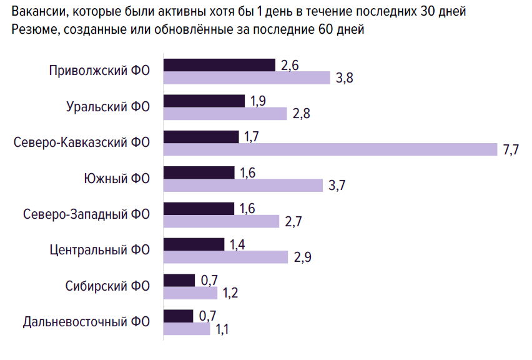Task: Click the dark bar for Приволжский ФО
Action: pyautogui.click(x=219, y=65)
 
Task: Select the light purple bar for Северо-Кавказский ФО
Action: pyautogui.click(x=331, y=149)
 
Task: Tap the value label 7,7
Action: pyautogui.click(x=511, y=150)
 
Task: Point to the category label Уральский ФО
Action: pyautogui.click(x=108, y=106)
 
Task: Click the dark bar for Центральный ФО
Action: pyautogui.click(x=194, y=244)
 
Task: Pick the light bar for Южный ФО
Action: pyautogui.click(x=243, y=185)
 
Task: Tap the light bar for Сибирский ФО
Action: pyautogui.click(x=190, y=292)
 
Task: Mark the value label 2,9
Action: pyautogui.click(x=302, y=257)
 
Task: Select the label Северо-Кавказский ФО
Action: pyautogui.click(x=82, y=142)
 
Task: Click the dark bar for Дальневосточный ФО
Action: pyautogui.click(x=179, y=316)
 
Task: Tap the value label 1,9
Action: pyautogui.click(x=258, y=101)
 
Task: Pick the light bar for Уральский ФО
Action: pyautogui.click(x=225, y=113)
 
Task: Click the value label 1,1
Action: pyautogui.click(x=222, y=329)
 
